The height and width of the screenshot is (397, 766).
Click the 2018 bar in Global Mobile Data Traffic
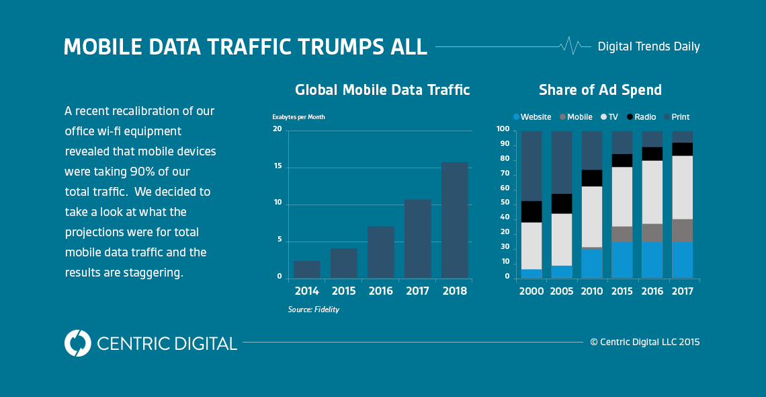coord(454,220)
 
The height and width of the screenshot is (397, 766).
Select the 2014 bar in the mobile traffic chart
coord(306,269)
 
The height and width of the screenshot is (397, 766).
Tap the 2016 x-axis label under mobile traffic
coord(380,291)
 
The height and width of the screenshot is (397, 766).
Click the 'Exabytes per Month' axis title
coord(298,117)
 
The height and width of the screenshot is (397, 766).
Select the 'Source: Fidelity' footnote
coord(313,310)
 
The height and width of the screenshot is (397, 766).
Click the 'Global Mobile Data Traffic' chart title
coord(382,90)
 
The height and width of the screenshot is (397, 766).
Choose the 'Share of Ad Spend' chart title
coord(600,90)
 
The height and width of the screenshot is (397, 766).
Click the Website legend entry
coord(532,117)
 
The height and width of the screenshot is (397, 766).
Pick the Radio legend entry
coord(641,117)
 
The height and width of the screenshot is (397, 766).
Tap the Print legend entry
coord(676,117)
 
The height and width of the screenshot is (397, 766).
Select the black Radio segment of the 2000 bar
coord(531,211)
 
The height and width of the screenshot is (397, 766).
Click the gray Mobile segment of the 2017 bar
coord(682,230)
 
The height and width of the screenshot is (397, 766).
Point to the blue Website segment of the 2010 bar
coord(591,263)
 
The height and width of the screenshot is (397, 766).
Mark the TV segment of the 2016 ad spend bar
coord(652,192)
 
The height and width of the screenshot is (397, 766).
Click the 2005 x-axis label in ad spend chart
coord(562,291)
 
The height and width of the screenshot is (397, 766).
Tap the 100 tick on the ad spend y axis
coord(503,129)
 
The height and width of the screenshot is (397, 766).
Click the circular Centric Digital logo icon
coord(77,343)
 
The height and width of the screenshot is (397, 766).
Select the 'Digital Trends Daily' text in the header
coord(648,46)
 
